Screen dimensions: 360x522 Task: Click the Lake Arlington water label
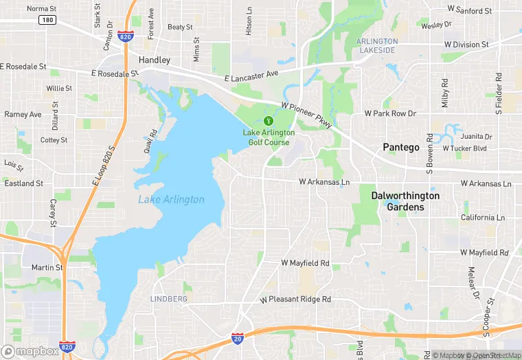[x=171, y=200]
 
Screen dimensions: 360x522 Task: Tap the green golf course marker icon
[x=258, y=122]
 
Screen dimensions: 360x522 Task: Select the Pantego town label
[x=400, y=147]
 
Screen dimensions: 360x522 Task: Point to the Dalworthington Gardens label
[x=405, y=201]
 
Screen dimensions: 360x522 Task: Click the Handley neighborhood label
[x=154, y=60]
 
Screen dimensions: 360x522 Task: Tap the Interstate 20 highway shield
[x=236, y=340]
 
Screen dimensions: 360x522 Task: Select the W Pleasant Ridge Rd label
[x=295, y=300]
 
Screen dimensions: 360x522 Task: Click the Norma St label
[x=42, y=9]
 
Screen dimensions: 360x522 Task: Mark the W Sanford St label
[x=469, y=10]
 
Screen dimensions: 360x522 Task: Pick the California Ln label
[x=482, y=218]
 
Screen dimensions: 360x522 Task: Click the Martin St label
[x=47, y=267]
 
